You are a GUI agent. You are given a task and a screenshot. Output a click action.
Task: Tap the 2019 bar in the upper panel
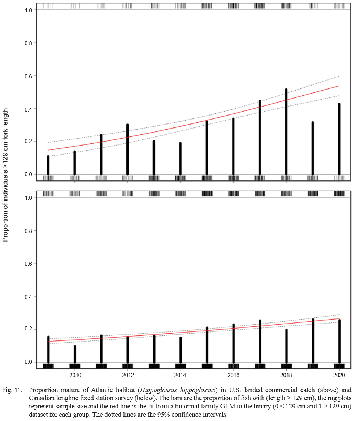click(x=312, y=148)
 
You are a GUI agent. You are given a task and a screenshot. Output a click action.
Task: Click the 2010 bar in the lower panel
click(x=75, y=354)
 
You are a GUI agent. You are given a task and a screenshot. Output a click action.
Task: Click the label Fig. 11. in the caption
click(x=13, y=390)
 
